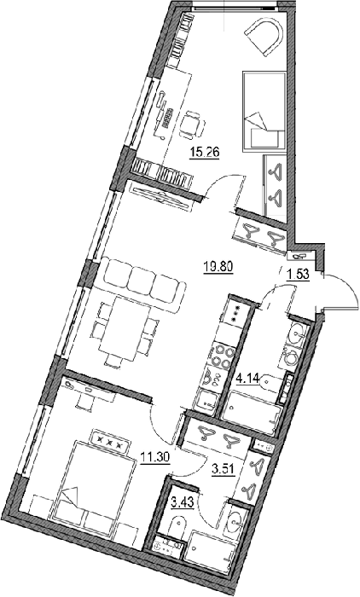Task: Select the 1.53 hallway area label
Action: click(297, 275)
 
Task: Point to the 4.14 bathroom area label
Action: click(248, 379)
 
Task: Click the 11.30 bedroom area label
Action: click(154, 455)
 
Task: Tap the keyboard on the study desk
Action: click(167, 118)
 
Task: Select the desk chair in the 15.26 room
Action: click(193, 124)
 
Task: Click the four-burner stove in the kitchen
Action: click(222, 356)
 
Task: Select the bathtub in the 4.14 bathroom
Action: click(252, 414)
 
